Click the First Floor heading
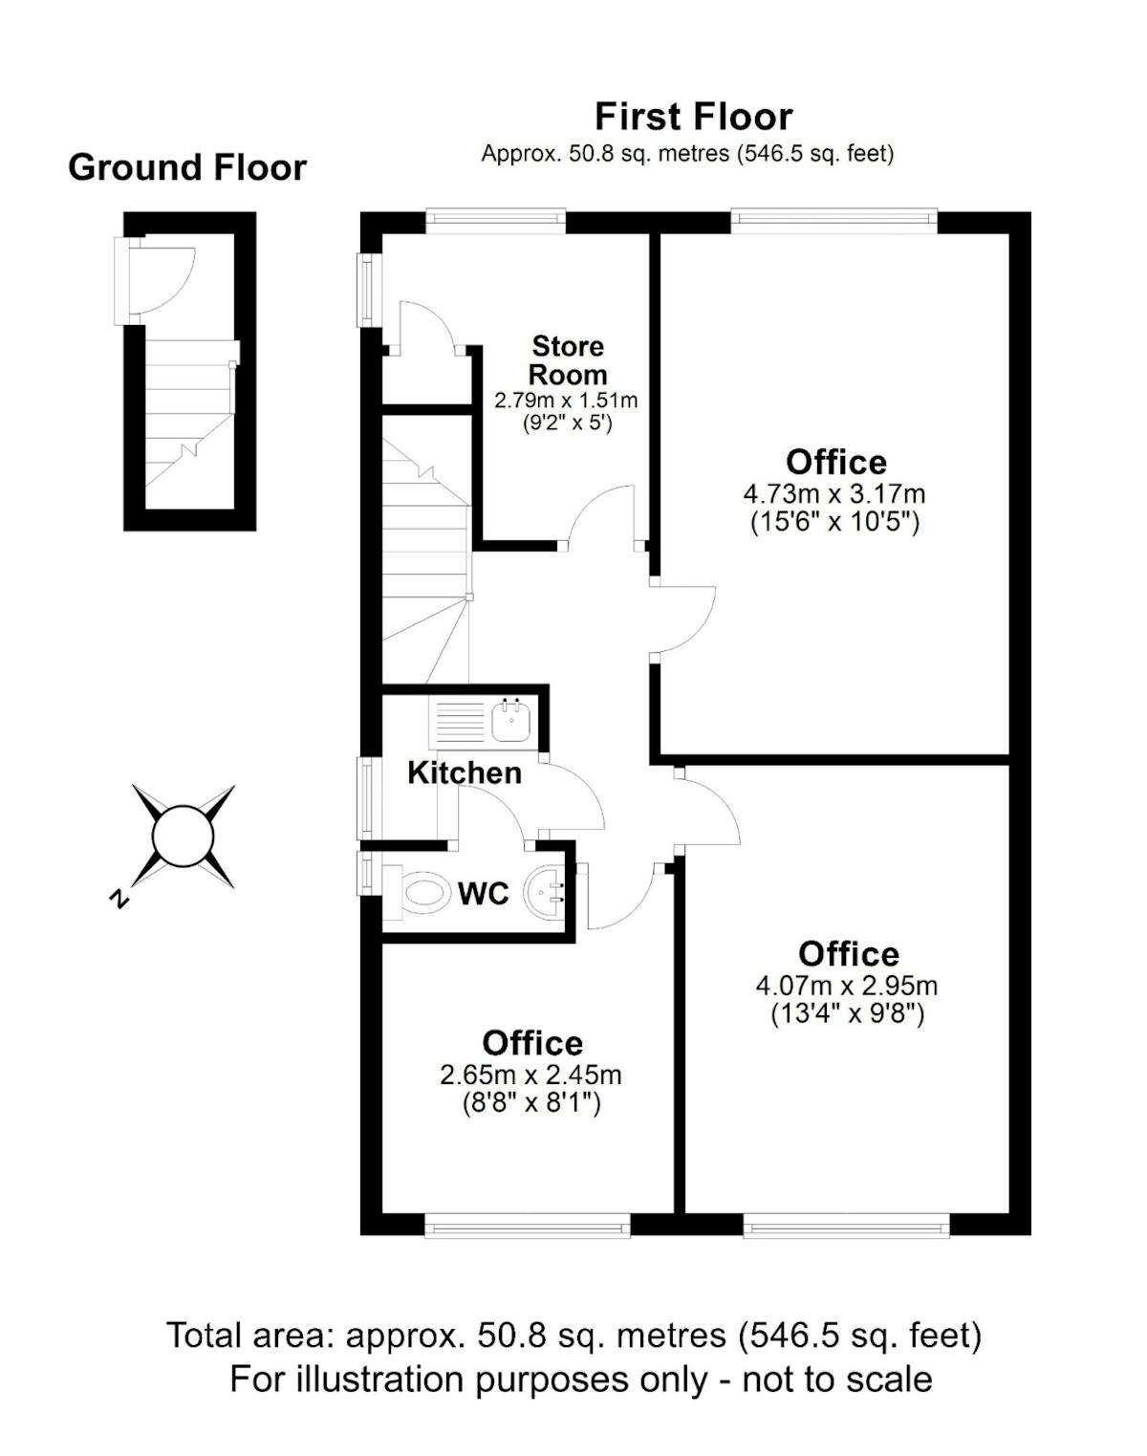pos(693,117)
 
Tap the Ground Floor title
pos(187,167)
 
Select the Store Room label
pos(568,360)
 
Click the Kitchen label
pos(465,773)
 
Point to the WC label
pos(483,894)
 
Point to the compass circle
pos(183,837)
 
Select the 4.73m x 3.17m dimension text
pos(834,494)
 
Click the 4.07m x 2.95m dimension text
pos(847,986)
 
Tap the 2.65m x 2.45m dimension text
pos(531,1076)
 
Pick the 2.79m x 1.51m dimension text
pos(567,400)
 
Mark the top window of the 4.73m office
pos(833,221)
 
